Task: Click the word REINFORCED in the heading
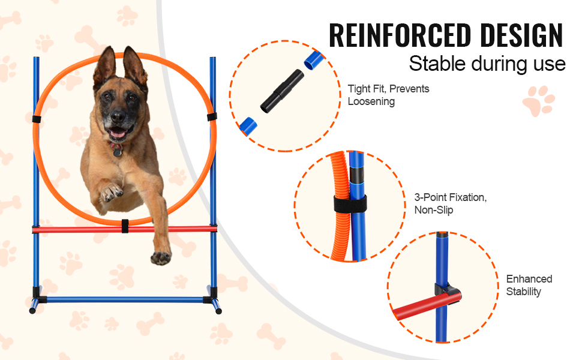[x=400, y=35]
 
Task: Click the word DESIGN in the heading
[x=521, y=35]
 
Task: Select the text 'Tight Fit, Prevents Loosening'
[x=388, y=95]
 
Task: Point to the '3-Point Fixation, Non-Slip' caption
[x=450, y=203]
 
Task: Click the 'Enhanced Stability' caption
[x=529, y=285]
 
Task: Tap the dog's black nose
[x=118, y=116]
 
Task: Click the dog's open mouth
[x=118, y=132]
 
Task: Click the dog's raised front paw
[x=112, y=192]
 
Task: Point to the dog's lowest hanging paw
[x=161, y=257]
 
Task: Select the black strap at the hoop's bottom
[x=125, y=226]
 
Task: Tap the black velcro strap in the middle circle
[x=350, y=204]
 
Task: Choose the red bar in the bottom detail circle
[x=427, y=306]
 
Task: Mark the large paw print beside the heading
[x=538, y=101]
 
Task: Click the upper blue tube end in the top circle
[x=314, y=61]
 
